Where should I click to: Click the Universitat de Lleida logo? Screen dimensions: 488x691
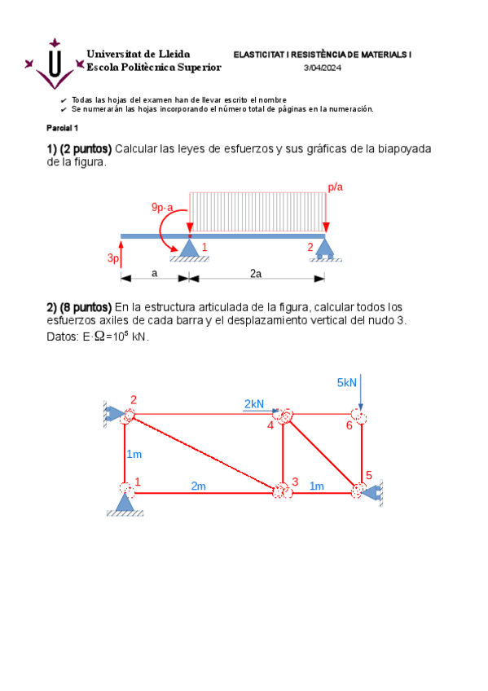pos(55,64)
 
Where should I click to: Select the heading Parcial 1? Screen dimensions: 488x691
pos(62,128)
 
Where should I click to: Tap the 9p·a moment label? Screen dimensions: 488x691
pos(168,208)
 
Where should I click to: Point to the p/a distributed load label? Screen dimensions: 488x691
pos(335,187)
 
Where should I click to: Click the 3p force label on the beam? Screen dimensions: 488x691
pos(113,257)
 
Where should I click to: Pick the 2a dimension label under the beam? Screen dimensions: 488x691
pos(255,274)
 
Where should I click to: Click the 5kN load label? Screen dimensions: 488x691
pos(347,382)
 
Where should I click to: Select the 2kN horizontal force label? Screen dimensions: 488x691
pos(254,403)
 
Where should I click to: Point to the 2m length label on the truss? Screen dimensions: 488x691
pos(198,486)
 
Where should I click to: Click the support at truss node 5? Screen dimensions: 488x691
pos(375,491)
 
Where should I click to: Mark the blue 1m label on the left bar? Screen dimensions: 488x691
pos(134,454)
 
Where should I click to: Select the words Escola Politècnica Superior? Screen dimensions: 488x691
pos(153,67)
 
